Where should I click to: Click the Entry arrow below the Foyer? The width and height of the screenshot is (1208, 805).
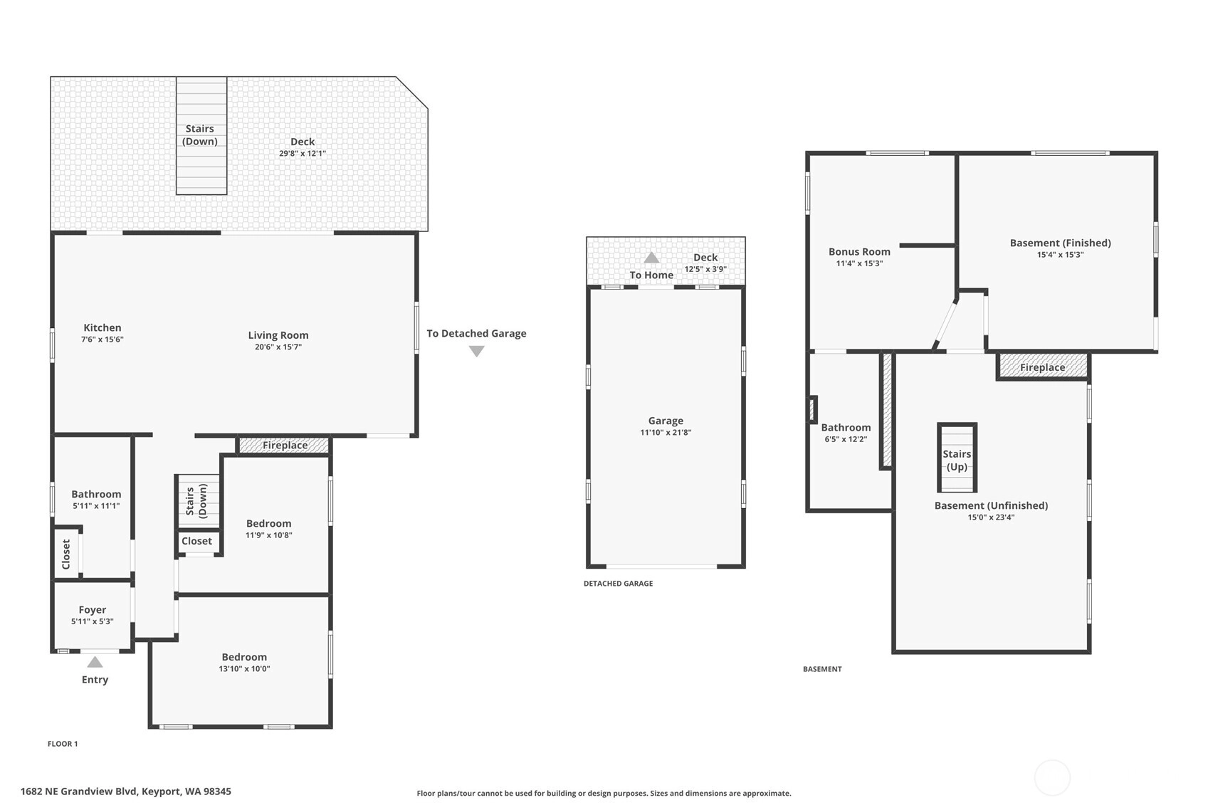click(95, 662)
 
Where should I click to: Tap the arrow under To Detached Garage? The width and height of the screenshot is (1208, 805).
click(477, 352)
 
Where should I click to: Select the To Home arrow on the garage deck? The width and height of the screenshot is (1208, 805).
click(651, 258)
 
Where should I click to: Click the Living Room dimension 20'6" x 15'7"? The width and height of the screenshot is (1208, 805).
click(278, 347)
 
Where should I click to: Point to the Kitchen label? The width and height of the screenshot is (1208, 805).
click(103, 327)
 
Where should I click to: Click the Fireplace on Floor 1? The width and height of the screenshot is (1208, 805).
click(284, 446)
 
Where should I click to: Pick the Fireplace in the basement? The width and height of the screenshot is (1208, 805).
click(1042, 367)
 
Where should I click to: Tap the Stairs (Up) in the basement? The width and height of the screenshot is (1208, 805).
click(957, 458)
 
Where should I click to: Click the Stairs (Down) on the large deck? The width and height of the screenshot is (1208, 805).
click(201, 135)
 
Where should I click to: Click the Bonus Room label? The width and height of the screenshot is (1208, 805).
click(859, 252)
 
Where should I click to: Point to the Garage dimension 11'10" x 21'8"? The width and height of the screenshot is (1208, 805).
click(666, 433)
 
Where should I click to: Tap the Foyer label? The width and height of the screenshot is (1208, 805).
click(93, 610)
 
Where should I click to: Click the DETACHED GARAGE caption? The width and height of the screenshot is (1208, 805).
click(618, 584)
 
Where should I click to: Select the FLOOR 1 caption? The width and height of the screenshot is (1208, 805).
click(63, 744)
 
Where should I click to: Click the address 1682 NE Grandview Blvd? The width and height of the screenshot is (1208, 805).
click(79, 791)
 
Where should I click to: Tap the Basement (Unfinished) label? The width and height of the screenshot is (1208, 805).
click(991, 506)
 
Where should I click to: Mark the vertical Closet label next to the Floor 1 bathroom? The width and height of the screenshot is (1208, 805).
click(66, 554)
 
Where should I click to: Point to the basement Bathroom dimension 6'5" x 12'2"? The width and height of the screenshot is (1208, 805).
click(846, 439)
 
